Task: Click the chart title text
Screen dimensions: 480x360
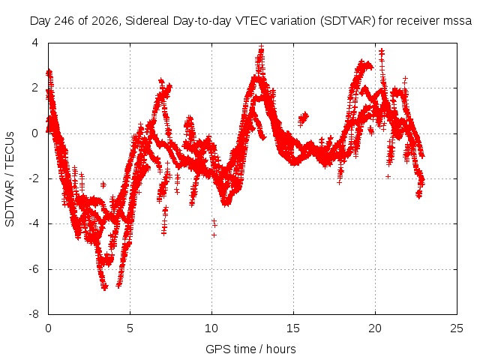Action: click(x=250, y=21)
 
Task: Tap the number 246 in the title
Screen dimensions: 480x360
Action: click(x=64, y=21)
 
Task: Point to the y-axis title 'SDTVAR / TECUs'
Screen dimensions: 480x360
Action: click(x=10, y=179)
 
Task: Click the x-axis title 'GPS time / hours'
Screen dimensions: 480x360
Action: click(x=250, y=349)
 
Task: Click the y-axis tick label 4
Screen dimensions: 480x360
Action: click(x=35, y=43)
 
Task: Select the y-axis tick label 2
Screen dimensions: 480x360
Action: click(x=35, y=88)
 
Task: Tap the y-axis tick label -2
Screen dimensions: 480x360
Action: click(x=34, y=178)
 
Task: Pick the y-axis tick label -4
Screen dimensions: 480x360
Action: click(x=34, y=223)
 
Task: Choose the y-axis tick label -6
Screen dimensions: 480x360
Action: click(x=34, y=269)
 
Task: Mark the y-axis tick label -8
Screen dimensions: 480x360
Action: click(x=34, y=314)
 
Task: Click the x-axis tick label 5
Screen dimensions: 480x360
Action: click(x=130, y=328)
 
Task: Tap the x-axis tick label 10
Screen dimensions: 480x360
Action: click(x=211, y=328)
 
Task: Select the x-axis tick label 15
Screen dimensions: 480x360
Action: click(x=293, y=328)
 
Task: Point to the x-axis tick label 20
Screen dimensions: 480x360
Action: click(x=375, y=328)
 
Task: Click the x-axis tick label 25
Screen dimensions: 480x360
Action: click(x=457, y=328)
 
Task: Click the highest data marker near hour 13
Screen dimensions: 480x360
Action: click(x=261, y=46)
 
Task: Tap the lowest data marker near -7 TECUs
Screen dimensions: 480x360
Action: click(x=105, y=287)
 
